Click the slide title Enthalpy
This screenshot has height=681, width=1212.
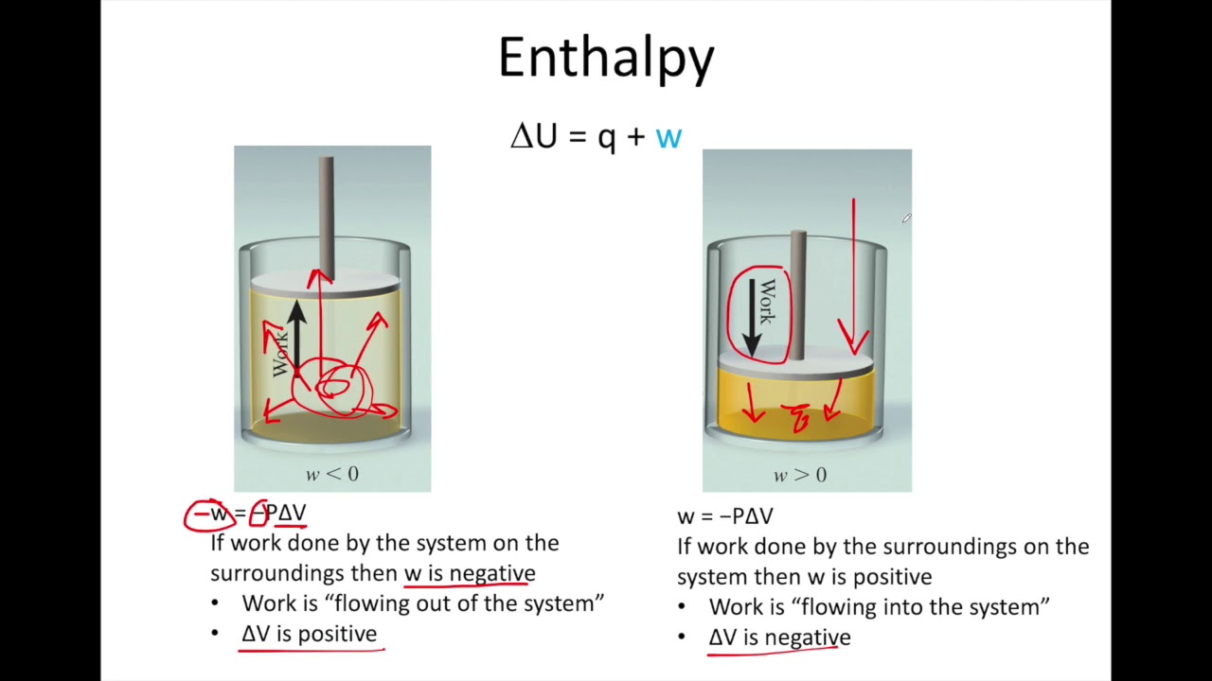(x=606, y=59)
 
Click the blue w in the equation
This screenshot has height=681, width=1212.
(x=668, y=137)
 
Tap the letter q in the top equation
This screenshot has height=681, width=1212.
(x=606, y=138)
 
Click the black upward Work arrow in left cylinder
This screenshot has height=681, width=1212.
(x=297, y=336)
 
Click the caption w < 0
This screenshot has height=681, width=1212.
(x=331, y=474)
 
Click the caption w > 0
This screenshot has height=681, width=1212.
(x=800, y=475)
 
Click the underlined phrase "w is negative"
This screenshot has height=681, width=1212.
(x=470, y=573)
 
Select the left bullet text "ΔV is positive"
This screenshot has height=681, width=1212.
(x=310, y=634)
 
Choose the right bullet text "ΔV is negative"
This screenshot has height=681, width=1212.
(x=779, y=637)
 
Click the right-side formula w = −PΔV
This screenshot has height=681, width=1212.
(x=725, y=516)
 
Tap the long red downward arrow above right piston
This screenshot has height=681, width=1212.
(x=854, y=274)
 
